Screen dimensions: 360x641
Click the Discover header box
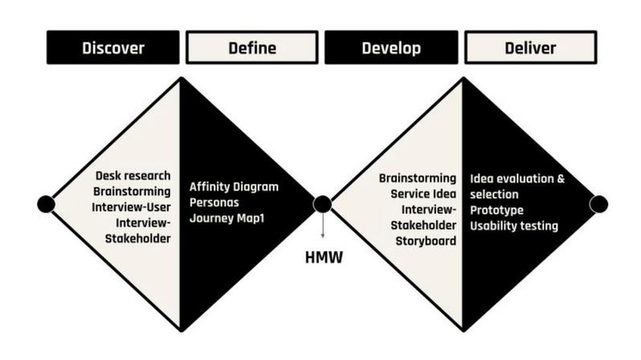pos(113,48)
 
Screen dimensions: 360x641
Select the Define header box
pos(251,48)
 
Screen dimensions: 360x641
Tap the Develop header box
pos(391,48)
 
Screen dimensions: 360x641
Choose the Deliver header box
pos(530,48)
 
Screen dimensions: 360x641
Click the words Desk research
pos(132,176)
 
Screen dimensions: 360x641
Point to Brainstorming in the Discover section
pos(132,191)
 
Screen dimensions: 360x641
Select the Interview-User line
pos(132,207)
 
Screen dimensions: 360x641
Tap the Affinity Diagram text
pos(234,186)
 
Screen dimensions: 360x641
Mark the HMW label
pos(323,258)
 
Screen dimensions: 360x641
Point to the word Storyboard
pos(426,240)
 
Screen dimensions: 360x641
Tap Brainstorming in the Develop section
pos(418,178)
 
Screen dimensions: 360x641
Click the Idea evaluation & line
pos(518,178)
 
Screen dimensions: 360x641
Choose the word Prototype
pos(497,210)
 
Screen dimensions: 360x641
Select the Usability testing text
pos(514,226)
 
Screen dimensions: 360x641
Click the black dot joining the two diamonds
pos(322,204)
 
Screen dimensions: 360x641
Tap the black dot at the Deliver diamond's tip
pos(598,204)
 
